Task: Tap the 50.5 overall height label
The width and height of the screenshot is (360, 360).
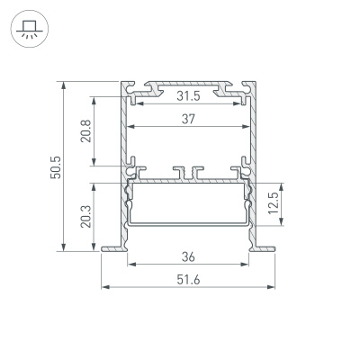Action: pyautogui.click(x=55, y=167)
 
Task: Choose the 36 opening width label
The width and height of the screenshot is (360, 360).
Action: pyautogui.click(x=187, y=255)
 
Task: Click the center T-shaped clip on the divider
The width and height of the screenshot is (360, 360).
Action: pyautogui.click(x=187, y=169)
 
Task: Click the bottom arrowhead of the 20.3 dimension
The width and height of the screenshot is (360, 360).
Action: pyautogui.click(x=94, y=249)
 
